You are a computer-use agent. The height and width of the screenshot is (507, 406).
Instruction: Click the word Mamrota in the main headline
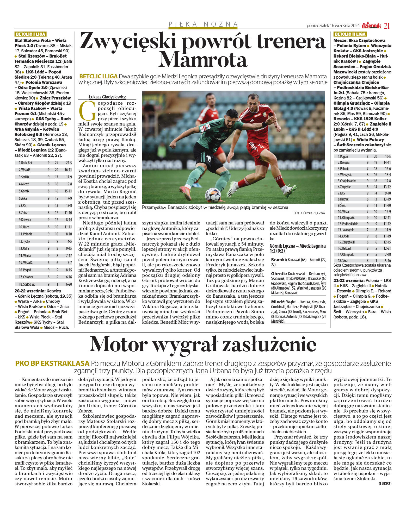tap(203, 60)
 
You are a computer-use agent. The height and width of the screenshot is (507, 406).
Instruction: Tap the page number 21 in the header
tap(387, 26)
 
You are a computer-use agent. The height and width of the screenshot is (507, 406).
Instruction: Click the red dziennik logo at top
tap(371, 26)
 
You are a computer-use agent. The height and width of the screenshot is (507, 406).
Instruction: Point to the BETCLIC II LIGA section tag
tap(350, 34)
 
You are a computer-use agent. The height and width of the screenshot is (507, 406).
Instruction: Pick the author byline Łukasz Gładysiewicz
tap(107, 97)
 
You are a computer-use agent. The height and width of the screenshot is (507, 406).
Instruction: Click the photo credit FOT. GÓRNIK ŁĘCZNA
tap(309, 213)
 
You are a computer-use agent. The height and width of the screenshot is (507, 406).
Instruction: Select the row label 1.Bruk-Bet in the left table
tap(26, 163)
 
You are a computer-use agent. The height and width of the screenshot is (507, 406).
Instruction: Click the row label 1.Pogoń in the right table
tap(343, 157)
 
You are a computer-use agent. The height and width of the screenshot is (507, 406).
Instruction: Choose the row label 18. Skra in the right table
tap(342, 260)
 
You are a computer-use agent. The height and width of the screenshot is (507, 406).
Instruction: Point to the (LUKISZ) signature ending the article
tap(385, 484)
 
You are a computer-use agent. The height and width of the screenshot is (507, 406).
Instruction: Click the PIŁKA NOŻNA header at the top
tap(203, 24)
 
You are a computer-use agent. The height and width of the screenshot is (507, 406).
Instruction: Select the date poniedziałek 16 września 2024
tap(333, 26)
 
